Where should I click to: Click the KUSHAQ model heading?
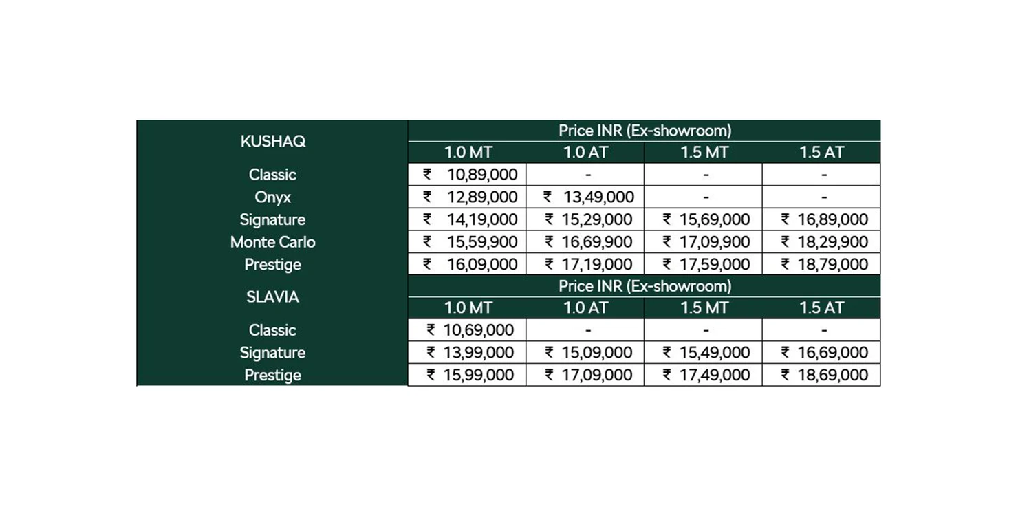(273, 141)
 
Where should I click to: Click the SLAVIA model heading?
(273, 297)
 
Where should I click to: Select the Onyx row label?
(273, 197)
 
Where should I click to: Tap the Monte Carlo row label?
(273, 242)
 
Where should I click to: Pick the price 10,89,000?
(481, 175)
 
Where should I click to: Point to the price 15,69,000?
(715, 220)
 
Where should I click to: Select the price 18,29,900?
(833, 242)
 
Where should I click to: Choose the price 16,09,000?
(481, 265)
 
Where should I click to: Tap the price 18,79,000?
(833, 265)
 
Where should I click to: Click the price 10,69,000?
(479, 330)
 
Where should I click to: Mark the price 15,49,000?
(715, 353)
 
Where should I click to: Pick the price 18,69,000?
(833, 375)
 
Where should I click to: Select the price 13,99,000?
(479, 353)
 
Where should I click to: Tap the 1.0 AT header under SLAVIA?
(585, 308)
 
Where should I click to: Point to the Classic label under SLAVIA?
(273, 330)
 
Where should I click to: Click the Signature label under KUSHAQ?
(273, 220)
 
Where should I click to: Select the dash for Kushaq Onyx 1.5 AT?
(823, 197)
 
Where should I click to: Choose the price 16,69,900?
(597, 242)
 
